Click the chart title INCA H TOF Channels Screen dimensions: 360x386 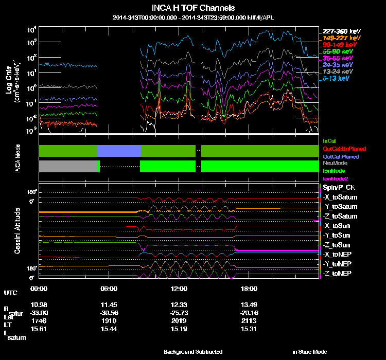(193, 8)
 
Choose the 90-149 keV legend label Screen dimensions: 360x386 (339, 45)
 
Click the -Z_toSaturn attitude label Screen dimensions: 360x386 (340, 216)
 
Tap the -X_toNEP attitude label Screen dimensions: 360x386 (338, 254)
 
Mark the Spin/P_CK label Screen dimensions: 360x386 (338, 188)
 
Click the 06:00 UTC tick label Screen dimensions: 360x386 (109, 289)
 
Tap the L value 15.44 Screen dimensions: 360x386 (109, 329)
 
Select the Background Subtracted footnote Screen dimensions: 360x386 (193, 352)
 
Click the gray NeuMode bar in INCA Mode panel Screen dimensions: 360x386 (68, 166)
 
